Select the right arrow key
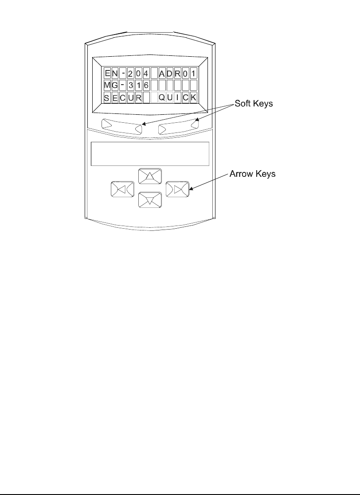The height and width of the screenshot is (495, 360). click(177, 189)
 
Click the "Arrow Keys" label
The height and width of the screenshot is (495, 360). click(252, 174)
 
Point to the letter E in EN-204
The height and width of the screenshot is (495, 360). click(107, 72)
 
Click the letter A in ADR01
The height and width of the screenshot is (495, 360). click(162, 72)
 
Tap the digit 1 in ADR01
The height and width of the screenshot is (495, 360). click(193, 72)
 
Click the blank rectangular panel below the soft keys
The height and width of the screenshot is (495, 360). click(150, 154)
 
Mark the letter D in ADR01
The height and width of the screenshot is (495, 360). click(170, 72)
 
